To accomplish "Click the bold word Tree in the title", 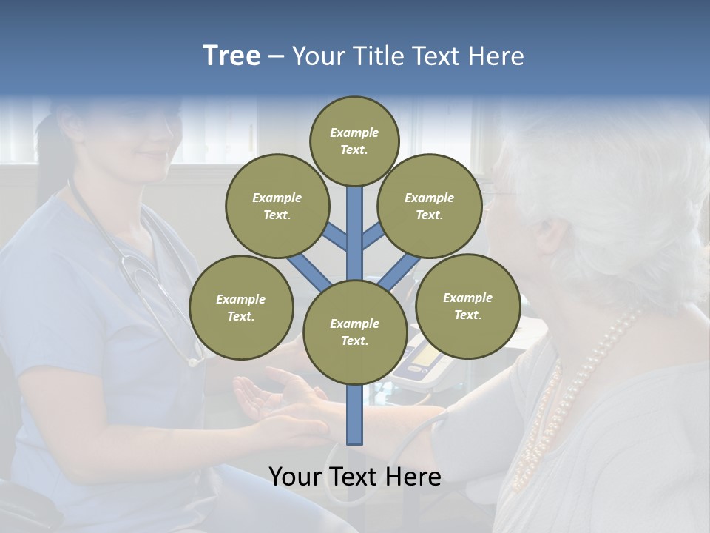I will [231, 56].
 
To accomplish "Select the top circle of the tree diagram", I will [354, 141].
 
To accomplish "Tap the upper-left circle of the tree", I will [277, 206].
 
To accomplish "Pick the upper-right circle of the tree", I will [430, 206].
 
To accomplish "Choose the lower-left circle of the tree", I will [241, 307].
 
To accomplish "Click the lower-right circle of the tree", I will [467, 306].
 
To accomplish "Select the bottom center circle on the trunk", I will [355, 332].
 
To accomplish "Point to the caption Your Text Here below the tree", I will [355, 477].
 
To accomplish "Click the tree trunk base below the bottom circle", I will [355, 415].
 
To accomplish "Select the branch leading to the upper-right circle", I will [374, 237].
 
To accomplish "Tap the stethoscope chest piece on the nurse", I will [195, 361].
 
